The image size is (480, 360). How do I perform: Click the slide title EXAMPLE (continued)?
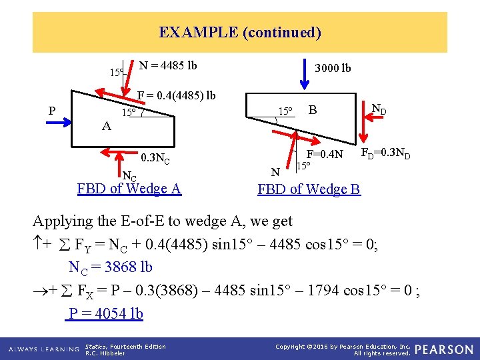(x=240, y=32)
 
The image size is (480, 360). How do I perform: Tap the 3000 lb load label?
(x=333, y=68)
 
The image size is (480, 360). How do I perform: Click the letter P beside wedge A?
(x=52, y=111)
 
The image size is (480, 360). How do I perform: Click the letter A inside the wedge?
(x=107, y=125)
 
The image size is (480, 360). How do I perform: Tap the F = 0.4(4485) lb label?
(x=176, y=95)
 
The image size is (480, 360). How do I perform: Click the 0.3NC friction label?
(x=155, y=160)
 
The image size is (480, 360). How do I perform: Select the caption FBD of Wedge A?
(x=129, y=189)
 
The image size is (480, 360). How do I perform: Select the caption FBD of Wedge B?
(x=309, y=189)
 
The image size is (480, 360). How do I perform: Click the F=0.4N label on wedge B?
(x=325, y=155)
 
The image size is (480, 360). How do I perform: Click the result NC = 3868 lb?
(x=111, y=267)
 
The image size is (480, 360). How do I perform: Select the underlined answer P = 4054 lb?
(x=105, y=313)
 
